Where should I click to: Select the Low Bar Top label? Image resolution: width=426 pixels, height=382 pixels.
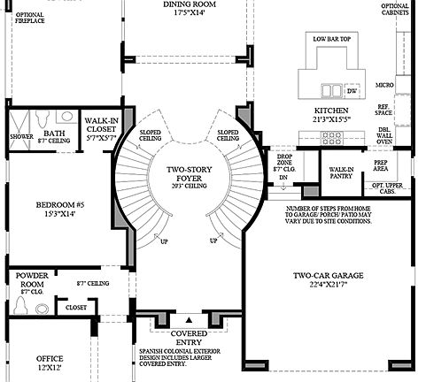(332, 39)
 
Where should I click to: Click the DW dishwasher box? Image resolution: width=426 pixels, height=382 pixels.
(352, 90)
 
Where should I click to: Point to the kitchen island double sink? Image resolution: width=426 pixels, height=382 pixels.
(330, 90)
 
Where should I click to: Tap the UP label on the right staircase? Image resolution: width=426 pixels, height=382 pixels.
(213, 240)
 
